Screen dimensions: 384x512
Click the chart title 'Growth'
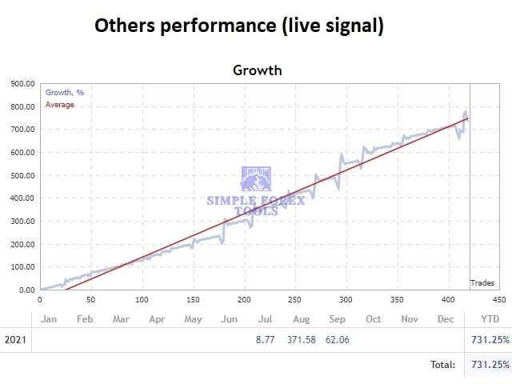coord(257,70)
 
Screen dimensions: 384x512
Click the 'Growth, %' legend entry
coord(65,93)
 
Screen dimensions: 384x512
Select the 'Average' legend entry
coord(60,105)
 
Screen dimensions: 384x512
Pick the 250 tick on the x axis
coord(295,300)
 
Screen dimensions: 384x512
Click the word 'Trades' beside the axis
coord(482,282)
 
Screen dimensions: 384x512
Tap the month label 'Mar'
coord(121,318)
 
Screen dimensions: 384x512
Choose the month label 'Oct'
coord(374,318)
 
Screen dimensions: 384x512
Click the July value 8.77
coord(265,340)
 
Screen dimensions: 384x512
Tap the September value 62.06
coord(337,340)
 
